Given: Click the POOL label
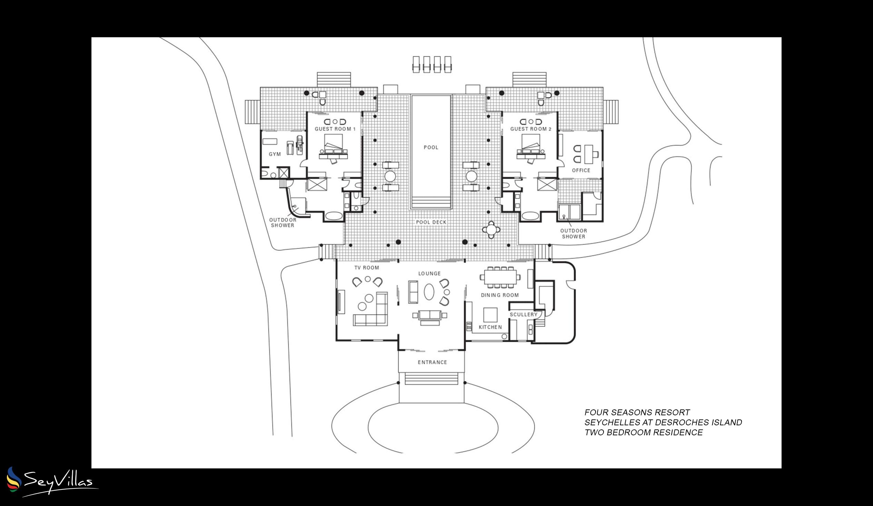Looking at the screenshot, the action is click(431, 148).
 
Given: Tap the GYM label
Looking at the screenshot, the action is click(275, 154).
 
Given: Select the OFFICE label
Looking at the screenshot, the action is click(581, 170).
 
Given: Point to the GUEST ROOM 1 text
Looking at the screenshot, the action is click(335, 129).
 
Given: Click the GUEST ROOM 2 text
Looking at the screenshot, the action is click(531, 129).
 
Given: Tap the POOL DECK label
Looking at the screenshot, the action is click(431, 222).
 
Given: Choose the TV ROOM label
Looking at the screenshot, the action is click(366, 268).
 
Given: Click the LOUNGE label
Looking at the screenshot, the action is click(430, 274).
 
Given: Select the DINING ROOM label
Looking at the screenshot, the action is click(500, 295).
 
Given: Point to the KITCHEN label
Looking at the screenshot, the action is click(490, 327).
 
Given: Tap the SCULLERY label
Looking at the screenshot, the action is click(523, 315).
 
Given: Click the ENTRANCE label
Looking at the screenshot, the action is click(432, 362).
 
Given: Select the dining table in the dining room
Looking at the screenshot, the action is click(500, 277).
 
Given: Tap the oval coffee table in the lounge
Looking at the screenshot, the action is click(429, 291).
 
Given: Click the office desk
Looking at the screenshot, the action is click(589, 154).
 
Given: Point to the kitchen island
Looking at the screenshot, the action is click(490, 315).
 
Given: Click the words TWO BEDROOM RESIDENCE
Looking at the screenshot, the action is click(644, 433).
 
